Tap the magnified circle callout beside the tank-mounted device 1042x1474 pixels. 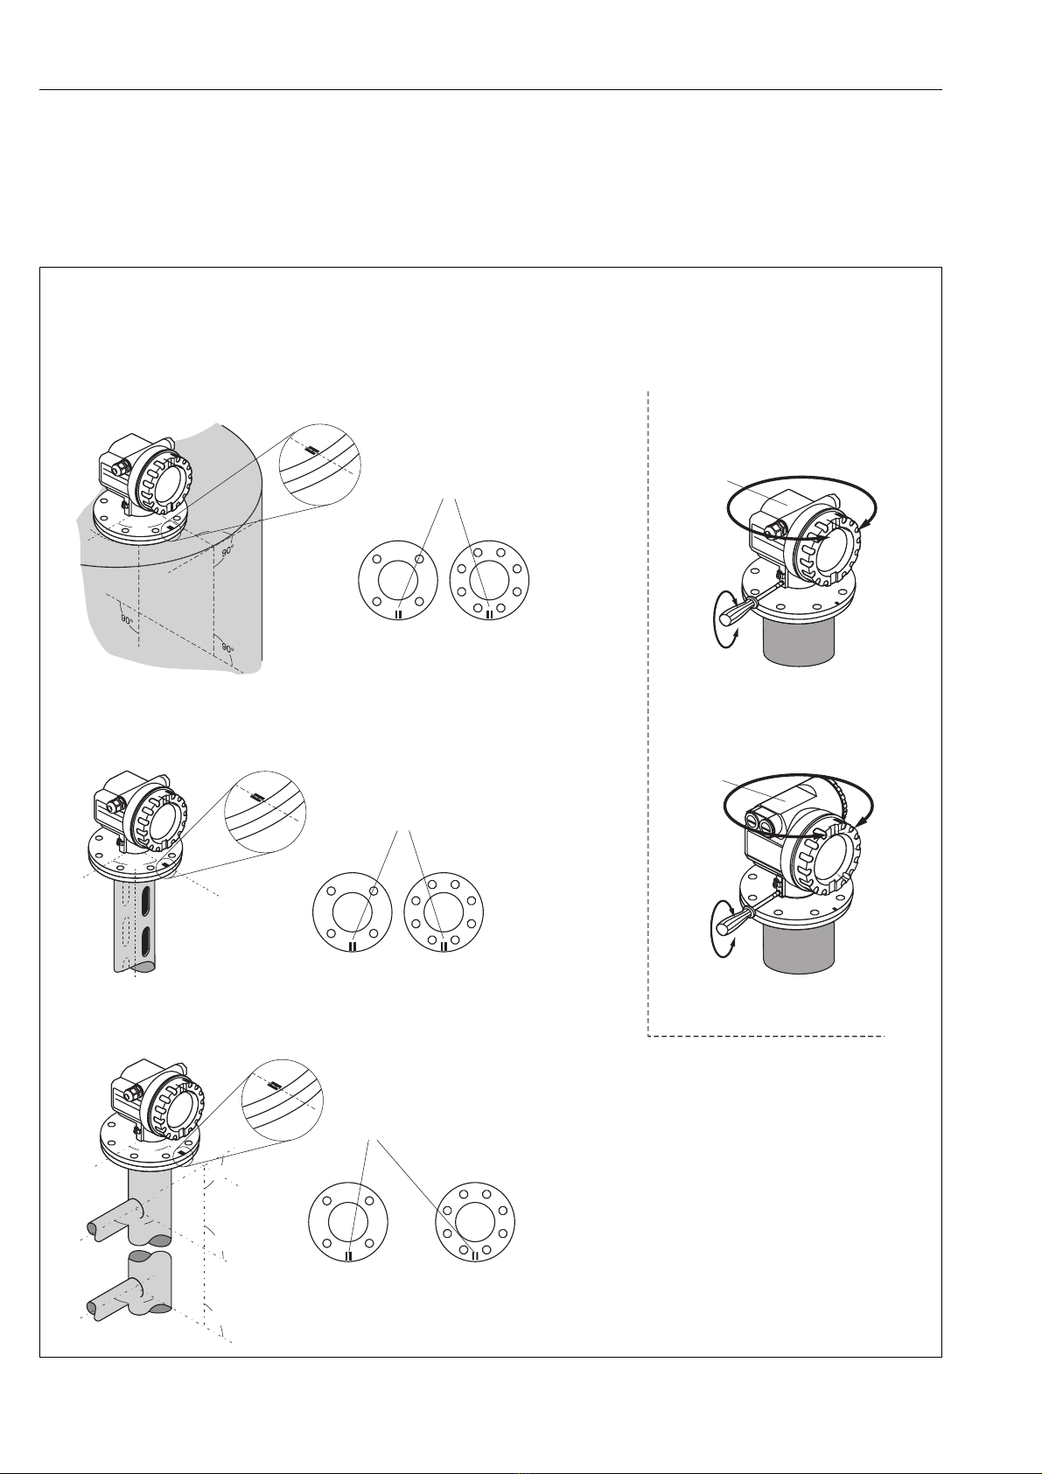320,465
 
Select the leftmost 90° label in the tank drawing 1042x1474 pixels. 126,619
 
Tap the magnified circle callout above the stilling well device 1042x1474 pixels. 265,812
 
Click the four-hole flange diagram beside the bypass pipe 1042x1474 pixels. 349,1222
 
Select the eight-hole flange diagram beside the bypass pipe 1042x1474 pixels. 475,1222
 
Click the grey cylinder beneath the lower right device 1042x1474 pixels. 799,947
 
